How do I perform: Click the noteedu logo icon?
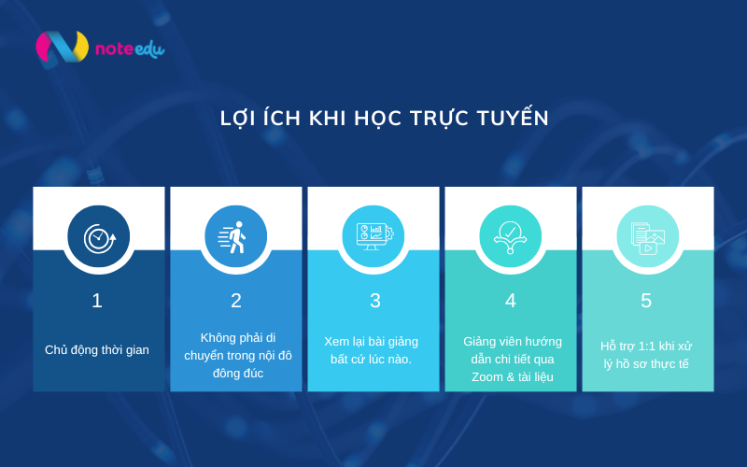click(62, 47)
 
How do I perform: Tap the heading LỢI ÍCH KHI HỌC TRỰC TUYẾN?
click(384, 119)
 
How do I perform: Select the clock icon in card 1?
click(98, 236)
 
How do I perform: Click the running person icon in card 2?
click(235, 236)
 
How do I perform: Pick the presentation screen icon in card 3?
click(373, 236)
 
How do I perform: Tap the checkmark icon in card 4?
click(510, 236)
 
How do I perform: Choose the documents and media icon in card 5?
click(647, 236)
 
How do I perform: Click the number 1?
click(97, 301)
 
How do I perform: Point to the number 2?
click(235, 301)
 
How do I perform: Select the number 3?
click(374, 301)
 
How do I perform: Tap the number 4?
click(510, 301)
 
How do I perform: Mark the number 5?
click(646, 301)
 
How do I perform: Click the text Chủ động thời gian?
click(97, 350)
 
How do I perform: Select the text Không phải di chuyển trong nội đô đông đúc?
click(237, 355)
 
